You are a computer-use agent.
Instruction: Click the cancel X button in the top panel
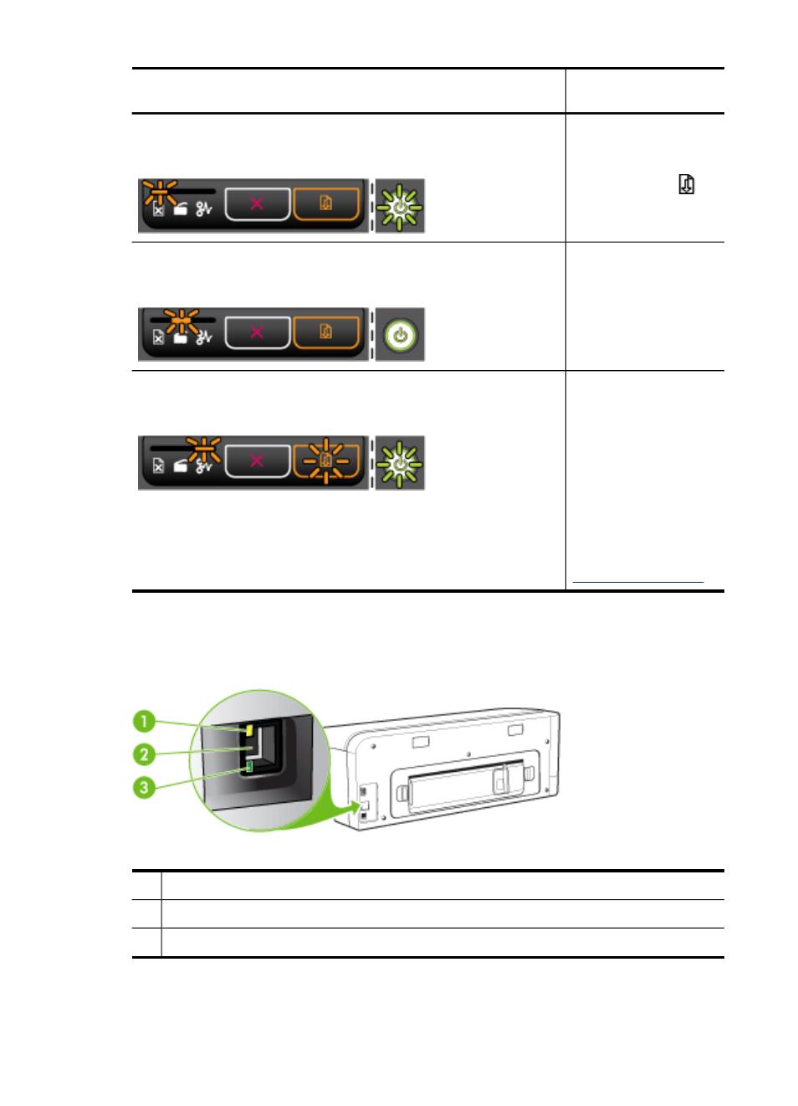(258, 203)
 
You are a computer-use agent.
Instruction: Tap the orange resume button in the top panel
(326, 203)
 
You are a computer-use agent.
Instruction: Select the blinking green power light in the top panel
(400, 208)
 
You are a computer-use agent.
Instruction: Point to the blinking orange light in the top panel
(161, 192)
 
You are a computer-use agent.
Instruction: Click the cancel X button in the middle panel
(258, 332)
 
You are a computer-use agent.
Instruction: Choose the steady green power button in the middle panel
(400, 336)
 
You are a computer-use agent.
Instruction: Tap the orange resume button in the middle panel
(326, 332)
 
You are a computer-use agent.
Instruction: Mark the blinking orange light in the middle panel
(182, 321)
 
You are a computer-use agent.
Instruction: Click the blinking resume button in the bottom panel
(326, 461)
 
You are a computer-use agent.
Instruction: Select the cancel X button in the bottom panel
(258, 461)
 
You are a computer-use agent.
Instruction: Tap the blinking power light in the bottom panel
(400, 465)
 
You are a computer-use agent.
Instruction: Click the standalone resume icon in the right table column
(687, 184)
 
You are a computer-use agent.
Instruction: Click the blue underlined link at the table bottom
(637, 582)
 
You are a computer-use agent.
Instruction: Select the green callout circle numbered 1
(144, 722)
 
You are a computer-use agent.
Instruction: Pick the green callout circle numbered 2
(144, 754)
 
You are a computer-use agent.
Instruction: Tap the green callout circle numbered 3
(144, 788)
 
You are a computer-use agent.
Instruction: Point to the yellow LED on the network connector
(249, 730)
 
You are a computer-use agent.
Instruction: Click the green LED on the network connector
(249, 767)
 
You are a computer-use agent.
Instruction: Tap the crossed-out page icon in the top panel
(158, 210)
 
